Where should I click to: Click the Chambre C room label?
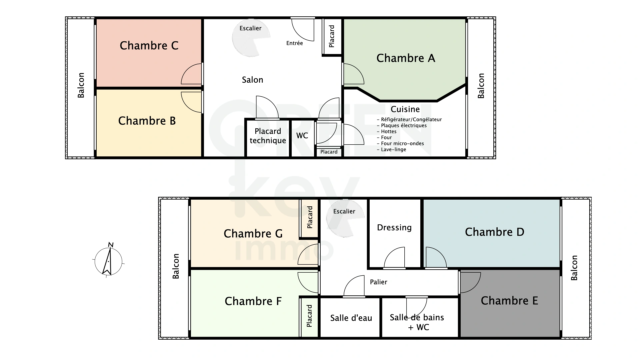click(x=149, y=46)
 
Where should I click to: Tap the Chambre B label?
click(x=147, y=121)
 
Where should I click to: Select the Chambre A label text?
click(x=406, y=58)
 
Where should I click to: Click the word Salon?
click(x=252, y=80)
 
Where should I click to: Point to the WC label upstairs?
click(x=302, y=136)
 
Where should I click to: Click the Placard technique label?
click(x=268, y=136)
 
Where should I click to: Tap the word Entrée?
click(x=294, y=43)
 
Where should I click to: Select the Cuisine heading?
click(x=405, y=109)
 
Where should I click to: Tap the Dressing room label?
click(x=394, y=228)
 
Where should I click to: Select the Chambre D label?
click(x=494, y=232)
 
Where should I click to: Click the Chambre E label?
click(x=509, y=301)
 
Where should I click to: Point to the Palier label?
click(x=378, y=282)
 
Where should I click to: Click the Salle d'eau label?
click(x=351, y=318)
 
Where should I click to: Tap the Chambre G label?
click(x=253, y=234)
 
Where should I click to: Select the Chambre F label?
click(x=253, y=301)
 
